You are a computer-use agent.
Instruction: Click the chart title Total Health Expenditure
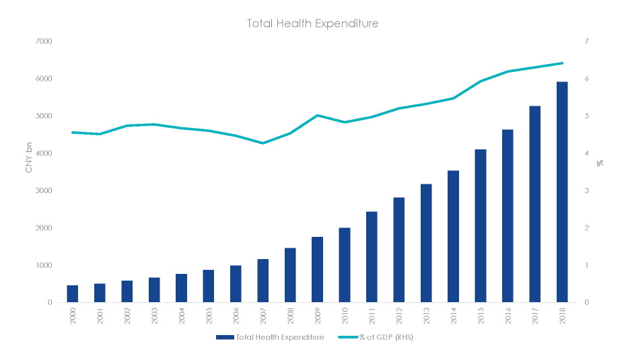click(x=313, y=24)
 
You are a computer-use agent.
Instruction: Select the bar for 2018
click(x=562, y=192)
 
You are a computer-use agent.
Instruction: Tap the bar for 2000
click(x=73, y=294)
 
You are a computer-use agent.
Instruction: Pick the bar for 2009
click(x=317, y=270)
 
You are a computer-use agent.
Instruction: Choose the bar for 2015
click(x=481, y=226)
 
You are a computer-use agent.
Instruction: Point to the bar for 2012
click(x=399, y=250)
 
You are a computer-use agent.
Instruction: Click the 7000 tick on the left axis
click(x=43, y=42)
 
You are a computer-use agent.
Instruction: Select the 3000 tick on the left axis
click(x=43, y=191)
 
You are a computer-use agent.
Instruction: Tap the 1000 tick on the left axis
click(x=43, y=266)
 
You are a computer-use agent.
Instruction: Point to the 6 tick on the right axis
click(x=588, y=79)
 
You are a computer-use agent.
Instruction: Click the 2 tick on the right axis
click(x=588, y=228)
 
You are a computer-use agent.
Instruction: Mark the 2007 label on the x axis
click(x=263, y=316)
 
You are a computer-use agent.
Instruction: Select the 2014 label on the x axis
click(x=453, y=316)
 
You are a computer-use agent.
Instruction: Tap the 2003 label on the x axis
click(x=154, y=316)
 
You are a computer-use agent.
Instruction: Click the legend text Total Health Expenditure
click(x=280, y=337)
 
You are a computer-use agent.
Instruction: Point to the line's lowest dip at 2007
click(x=263, y=143)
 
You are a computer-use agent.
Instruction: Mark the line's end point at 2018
click(x=562, y=63)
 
